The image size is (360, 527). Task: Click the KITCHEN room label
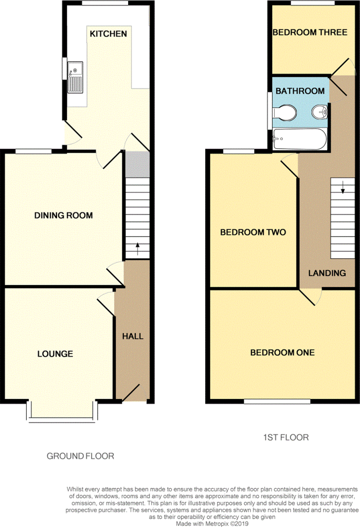[x=108, y=33]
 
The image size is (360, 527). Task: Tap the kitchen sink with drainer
[x=75, y=77]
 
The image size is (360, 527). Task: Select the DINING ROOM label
[x=63, y=216]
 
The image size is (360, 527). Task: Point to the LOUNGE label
[x=55, y=354]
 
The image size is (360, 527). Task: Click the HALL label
[x=133, y=336]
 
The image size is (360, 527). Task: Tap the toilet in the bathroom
[x=284, y=113]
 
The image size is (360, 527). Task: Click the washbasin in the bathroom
[x=319, y=112]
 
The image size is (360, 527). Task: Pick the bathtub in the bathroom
[x=299, y=139]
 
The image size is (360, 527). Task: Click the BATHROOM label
[x=300, y=91]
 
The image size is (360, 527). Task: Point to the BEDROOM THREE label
[x=310, y=32]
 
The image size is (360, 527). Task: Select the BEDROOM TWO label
[x=253, y=232]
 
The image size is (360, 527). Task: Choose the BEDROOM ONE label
[x=282, y=353]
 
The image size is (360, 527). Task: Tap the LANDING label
[x=327, y=273]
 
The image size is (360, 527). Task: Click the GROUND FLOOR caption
[x=80, y=456]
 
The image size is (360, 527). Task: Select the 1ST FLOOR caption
[x=286, y=437]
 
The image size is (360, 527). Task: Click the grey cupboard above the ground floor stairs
[x=137, y=164]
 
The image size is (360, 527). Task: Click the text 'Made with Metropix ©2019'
[x=212, y=523]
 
